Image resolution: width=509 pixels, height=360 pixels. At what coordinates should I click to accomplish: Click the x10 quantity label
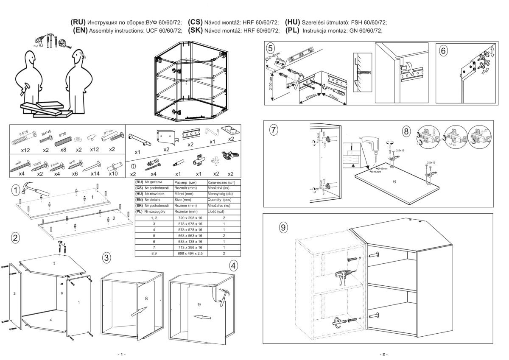pos(113,173)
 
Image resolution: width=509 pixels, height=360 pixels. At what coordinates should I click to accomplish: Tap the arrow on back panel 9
pos(195,316)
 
